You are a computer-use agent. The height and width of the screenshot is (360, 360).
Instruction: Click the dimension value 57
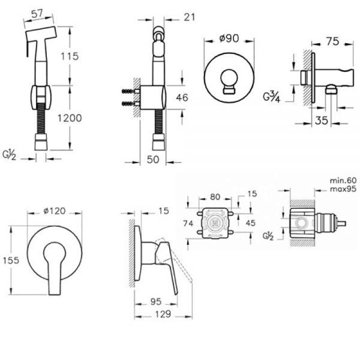pyautogui.click(x=37, y=14)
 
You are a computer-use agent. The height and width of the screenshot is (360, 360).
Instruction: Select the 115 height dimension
pyautogui.click(x=70, y=56)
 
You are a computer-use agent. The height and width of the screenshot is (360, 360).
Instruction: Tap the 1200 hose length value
pyautogui.click(x=70, y=118)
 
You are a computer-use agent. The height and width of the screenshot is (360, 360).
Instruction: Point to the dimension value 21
pyautogui.click(x=190, y=17)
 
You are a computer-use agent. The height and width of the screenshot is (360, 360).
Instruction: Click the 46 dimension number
pyautogui.click(x=182, y=98)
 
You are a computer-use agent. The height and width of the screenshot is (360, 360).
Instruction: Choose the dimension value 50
pyautogui.click(x=153, y=160)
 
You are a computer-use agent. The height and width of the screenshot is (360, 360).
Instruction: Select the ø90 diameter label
pyautogui.click(x=229, y=38)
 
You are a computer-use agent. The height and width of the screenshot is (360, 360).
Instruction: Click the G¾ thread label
pyautogui.click(x=272, y=97)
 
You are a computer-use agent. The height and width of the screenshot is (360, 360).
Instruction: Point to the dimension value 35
pyautogui.click(x=322, y=121)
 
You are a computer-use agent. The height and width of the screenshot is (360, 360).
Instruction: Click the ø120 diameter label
pyautogui.click(x=55, y=211)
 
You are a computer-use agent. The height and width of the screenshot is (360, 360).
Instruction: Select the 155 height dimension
pyautogui.click(x=11, y=260)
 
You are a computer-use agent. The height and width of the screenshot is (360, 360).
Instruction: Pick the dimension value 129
pyautogui.click(x=163, y=314)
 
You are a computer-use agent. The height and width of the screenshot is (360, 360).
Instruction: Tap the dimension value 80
pyautogui.click(x=215, y=197)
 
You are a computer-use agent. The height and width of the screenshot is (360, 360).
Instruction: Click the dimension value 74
pyautogui.click(x=188, y=223)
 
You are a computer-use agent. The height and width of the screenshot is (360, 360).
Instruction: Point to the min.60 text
pyautogui.click(x=343, y=181)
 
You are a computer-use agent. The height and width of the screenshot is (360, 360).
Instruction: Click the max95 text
pyautogui.click(x=343, y=189)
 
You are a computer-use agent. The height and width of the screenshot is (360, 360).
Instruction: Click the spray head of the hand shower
pyautogui.click(x=41, y=34)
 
